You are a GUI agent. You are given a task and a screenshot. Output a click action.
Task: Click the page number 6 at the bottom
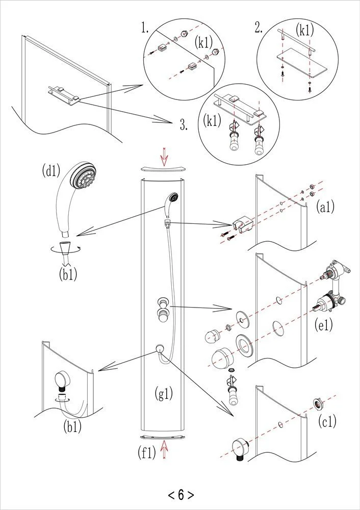click(x=181, y=494)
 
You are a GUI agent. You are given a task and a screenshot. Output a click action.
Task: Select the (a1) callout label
click(x=324, y=207)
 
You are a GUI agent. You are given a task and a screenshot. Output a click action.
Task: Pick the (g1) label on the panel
click(x=164, y=393)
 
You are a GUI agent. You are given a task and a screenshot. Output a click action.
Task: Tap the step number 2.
click(x=259, y=29)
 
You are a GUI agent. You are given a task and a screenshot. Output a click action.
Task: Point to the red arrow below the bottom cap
click(x=164, y=449)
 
